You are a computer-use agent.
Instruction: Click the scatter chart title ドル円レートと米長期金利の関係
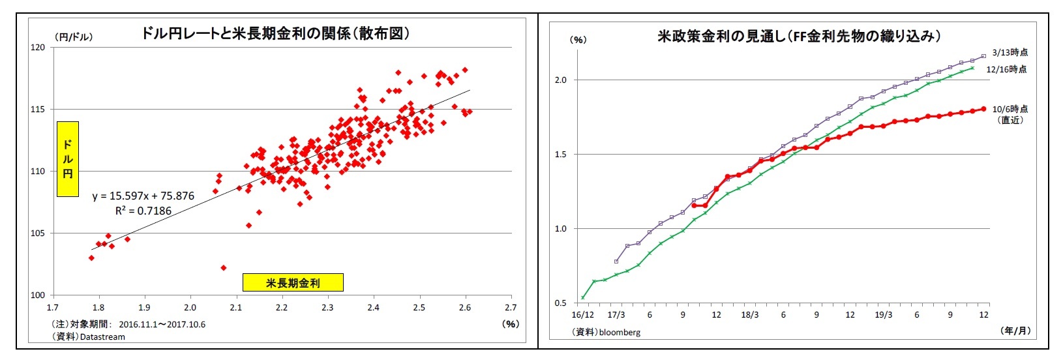[x=275, y=34]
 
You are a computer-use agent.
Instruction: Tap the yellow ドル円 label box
[x=67, y=158]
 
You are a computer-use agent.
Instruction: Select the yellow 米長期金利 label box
[x=293, y=282]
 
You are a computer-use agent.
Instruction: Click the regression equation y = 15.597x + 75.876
[x=143, y=196]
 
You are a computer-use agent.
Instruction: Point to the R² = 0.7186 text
[x=143, y=211]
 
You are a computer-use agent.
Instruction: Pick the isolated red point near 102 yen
[x=224, y=267]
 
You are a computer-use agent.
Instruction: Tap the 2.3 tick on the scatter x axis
[x=327, y=308]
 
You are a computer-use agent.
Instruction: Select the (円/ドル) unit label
[x=73, y=37]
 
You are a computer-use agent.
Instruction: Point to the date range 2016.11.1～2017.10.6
[x=162, y=324]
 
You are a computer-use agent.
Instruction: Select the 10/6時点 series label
[x=1010, y=109]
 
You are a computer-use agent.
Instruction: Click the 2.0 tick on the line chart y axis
[x=561, y=80]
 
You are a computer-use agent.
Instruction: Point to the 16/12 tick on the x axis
[x=582, y=315]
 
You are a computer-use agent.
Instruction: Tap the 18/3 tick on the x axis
[x=749, y=315]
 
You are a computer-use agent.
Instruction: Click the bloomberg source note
[x=606, y=333]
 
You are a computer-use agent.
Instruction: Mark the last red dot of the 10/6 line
[x=983, y=109]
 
